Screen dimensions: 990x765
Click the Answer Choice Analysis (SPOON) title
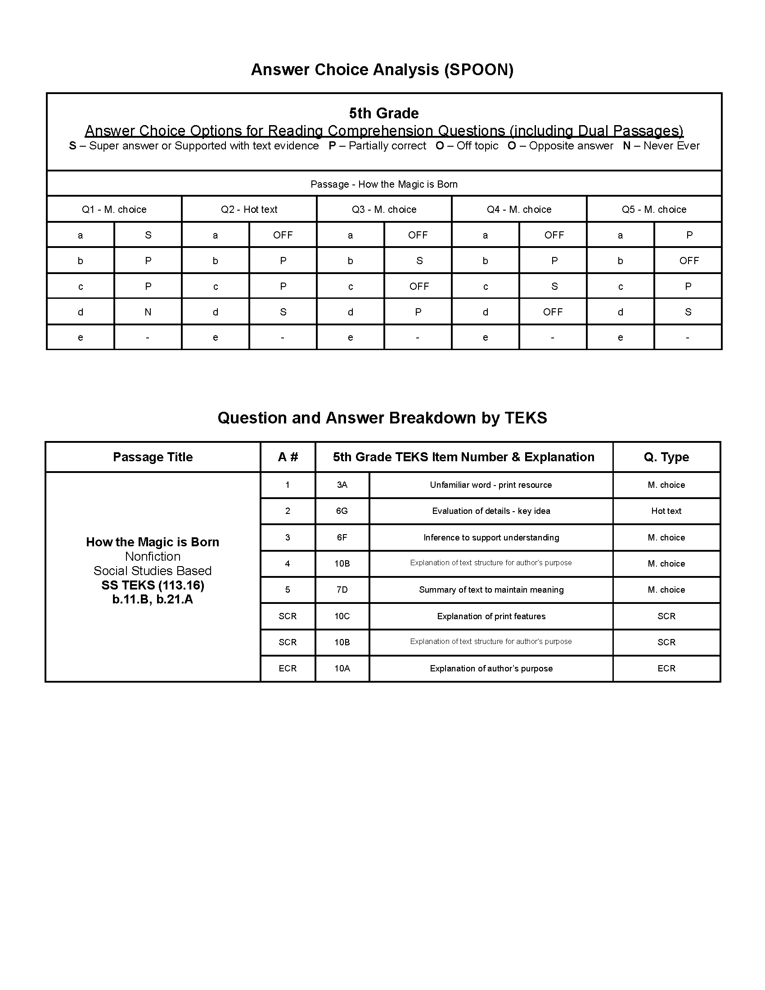[382, 69]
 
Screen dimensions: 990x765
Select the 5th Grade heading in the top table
[383, 113]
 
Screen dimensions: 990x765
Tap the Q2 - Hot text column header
[249, 209]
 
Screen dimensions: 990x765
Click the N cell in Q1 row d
[148, 312]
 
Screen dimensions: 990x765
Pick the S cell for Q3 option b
[419, 261]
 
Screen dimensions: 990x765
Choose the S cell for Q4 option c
[554, 287]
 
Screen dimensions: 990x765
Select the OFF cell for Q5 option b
[688, 261]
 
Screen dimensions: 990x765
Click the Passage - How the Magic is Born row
[383, 184]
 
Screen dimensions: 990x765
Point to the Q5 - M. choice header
[653, 209]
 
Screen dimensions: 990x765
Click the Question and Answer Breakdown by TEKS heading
[382, 418]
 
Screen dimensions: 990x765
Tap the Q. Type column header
[666, 457]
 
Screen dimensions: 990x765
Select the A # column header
[288, 457]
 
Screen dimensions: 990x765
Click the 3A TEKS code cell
[342, 485]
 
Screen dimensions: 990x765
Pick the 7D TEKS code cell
[342, 590]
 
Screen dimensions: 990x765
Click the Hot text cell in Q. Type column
[666, 511]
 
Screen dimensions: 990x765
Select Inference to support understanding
[491, 538]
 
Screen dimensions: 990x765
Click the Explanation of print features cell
[491, 616]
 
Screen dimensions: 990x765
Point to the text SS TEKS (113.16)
[153, 585]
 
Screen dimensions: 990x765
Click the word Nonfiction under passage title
[153, 556]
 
